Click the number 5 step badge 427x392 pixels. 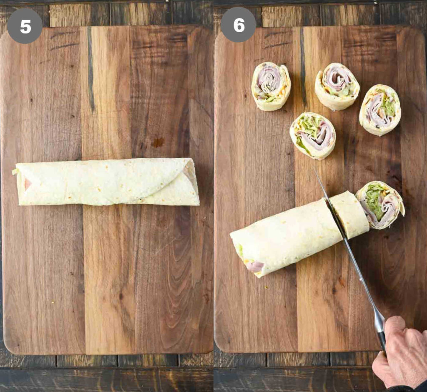tap(25, 26)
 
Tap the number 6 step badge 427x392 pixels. tap(238, 25)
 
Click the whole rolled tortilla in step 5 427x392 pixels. tap(106, 182)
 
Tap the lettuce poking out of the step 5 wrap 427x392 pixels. tap(15, 172)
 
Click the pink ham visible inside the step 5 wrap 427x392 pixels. tap(27, 184)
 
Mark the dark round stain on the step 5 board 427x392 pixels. tap(158, 142)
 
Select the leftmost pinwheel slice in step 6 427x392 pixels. tap(271, 86)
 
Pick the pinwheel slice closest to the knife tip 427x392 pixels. tap(313, 136)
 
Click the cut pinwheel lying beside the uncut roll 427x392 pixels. tap(380, 205)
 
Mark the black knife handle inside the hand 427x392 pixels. tap(382, 344)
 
